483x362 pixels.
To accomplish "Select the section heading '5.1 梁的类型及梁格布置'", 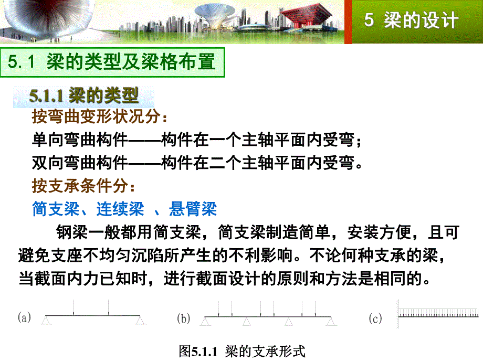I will point(112,62).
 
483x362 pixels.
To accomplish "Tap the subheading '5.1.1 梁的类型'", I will point(84,95).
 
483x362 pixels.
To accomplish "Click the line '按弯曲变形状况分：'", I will point(100,116).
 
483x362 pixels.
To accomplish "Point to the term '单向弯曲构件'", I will point(79,140).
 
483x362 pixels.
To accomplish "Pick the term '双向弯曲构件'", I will point(79,163).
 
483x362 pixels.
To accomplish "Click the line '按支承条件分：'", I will point(84,186).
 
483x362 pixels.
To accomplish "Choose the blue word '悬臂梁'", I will point(193,209).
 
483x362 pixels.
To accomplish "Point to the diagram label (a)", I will point(25,317).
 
